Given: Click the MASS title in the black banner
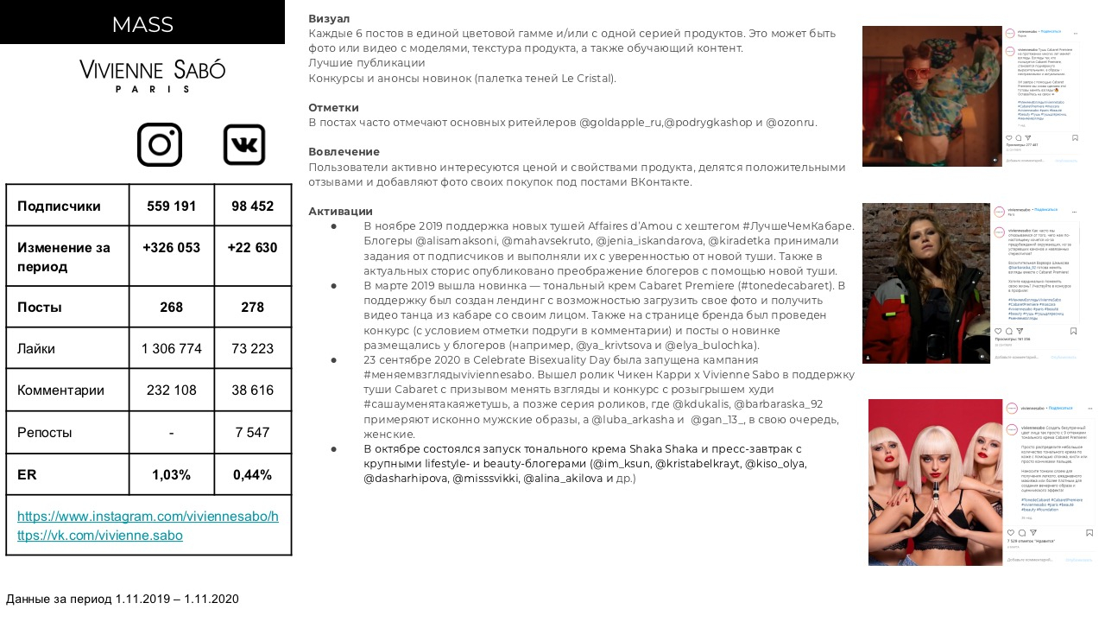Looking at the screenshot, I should [x=142, y=24].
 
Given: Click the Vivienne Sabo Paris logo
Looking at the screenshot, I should [x=152, y=75].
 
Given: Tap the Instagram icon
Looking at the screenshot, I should [x=160, y=144].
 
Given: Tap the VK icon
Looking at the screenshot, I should [x=244, y=144].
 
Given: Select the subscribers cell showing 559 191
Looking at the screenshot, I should [x=171, y=206].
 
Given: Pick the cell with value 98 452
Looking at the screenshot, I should [x=252, y=206].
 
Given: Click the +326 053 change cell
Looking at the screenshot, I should [x=171, y=248].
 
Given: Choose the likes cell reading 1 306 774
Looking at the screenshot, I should [x=171, y=349].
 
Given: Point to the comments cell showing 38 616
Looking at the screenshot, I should [x=252, y=390].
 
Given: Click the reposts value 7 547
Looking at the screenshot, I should [x=252, y=433].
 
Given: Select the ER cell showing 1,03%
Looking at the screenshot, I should [x=171, y=475].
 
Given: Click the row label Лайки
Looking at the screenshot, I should [x=36, y=349].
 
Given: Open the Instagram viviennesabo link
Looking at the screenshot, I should [x=148, y=517].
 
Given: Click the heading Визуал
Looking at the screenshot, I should [x=329, y=18].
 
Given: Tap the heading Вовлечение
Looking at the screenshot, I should [x=344, y=152].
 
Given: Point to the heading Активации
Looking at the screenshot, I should [x=340, y=212].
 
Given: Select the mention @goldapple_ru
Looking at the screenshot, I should [x=619, y=123].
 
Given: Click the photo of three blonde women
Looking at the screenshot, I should [x=935, y=482].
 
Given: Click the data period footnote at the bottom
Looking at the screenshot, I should [x=123, y=599].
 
